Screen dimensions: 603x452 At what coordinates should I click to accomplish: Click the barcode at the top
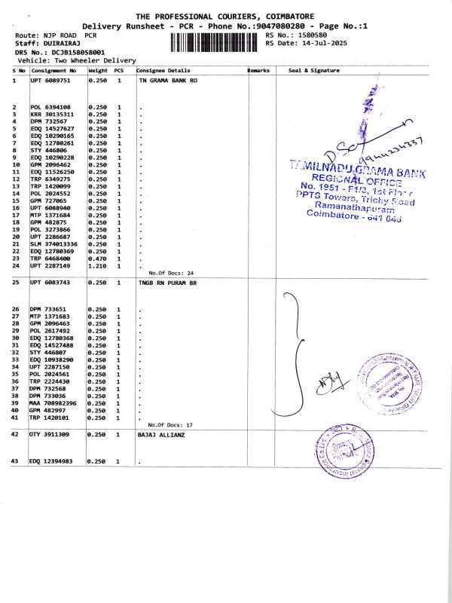[213, 39]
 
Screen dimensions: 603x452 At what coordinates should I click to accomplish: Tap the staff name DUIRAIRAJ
[56, 43]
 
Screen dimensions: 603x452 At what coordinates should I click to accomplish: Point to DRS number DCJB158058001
[73, 51]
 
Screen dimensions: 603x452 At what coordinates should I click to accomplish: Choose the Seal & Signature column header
[314, 70]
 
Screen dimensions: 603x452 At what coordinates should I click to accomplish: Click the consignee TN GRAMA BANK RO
[168, 79]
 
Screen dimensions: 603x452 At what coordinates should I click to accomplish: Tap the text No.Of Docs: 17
[171, 425]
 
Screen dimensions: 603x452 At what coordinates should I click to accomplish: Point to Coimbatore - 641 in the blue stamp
[354, 215]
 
